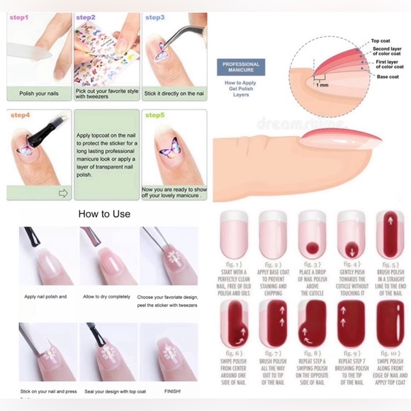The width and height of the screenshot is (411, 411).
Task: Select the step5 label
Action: click(155, 115)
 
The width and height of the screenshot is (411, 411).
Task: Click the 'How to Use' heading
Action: click(105, 213)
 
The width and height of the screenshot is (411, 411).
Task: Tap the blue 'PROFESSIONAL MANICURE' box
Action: click(241, 68)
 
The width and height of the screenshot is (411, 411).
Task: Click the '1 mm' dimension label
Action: click(323, 84)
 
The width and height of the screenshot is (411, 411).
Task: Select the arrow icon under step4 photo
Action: click(62, 193)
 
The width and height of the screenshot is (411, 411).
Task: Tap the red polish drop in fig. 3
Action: click(312, 248)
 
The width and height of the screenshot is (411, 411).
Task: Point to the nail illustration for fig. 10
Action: click(390, 323)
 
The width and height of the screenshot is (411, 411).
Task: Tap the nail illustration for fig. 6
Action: click(233, 323)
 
